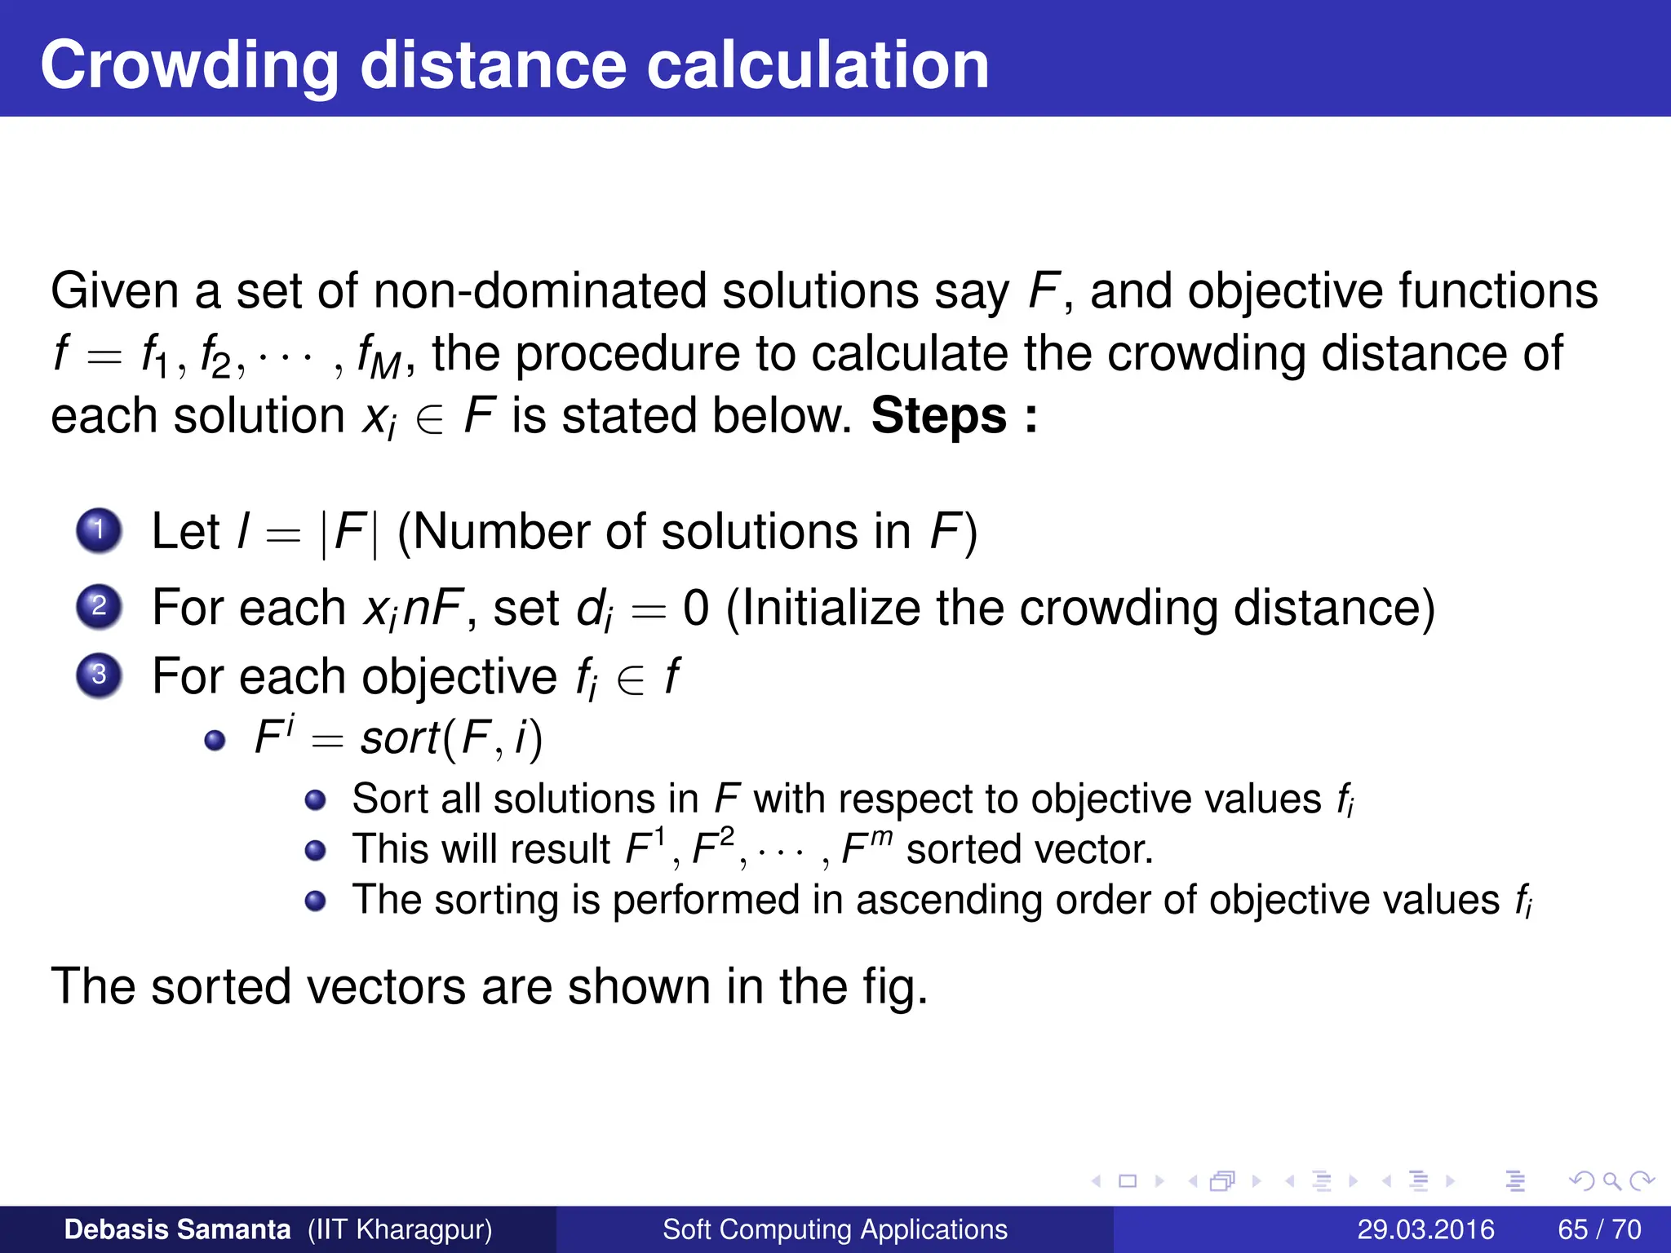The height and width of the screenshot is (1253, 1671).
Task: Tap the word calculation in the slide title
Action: [818, 65]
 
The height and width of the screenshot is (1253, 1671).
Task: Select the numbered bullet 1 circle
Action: [100, 530]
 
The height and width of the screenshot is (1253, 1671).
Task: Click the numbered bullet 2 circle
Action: [100, 606]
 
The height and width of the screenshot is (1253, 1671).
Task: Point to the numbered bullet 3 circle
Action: [100, 675]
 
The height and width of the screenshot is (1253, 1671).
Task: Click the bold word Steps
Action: [939, 416]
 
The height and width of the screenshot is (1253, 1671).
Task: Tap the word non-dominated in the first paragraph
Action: [540, 291]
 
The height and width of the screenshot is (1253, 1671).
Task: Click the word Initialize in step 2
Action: [831, 608]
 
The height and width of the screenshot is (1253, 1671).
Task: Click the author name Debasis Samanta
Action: [177, 1229]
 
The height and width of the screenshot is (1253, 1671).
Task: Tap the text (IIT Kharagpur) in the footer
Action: [400, 1229]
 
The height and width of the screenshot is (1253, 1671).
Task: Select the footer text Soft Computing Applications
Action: [835, 1229]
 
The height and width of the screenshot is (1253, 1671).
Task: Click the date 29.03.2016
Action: [1425, 1229]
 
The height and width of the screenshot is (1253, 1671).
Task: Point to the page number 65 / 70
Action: [1599, 1229]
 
